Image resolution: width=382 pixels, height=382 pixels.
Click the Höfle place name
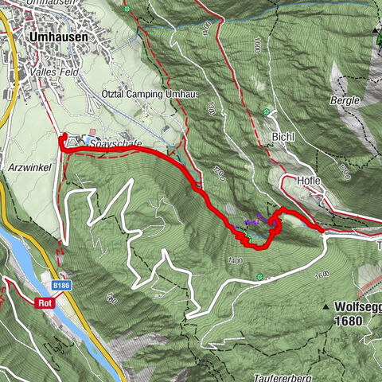[309, 181]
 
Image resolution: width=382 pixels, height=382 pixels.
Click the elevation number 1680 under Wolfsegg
[349, 321]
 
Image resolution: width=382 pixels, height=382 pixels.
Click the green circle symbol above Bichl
[267, 111]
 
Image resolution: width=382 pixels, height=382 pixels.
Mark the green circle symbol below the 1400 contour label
[259, 277]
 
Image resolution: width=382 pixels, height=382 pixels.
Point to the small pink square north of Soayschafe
[92, 131]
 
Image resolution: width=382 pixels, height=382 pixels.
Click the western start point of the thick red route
[61, 137]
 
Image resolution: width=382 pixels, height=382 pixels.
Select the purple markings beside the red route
[253, 222]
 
